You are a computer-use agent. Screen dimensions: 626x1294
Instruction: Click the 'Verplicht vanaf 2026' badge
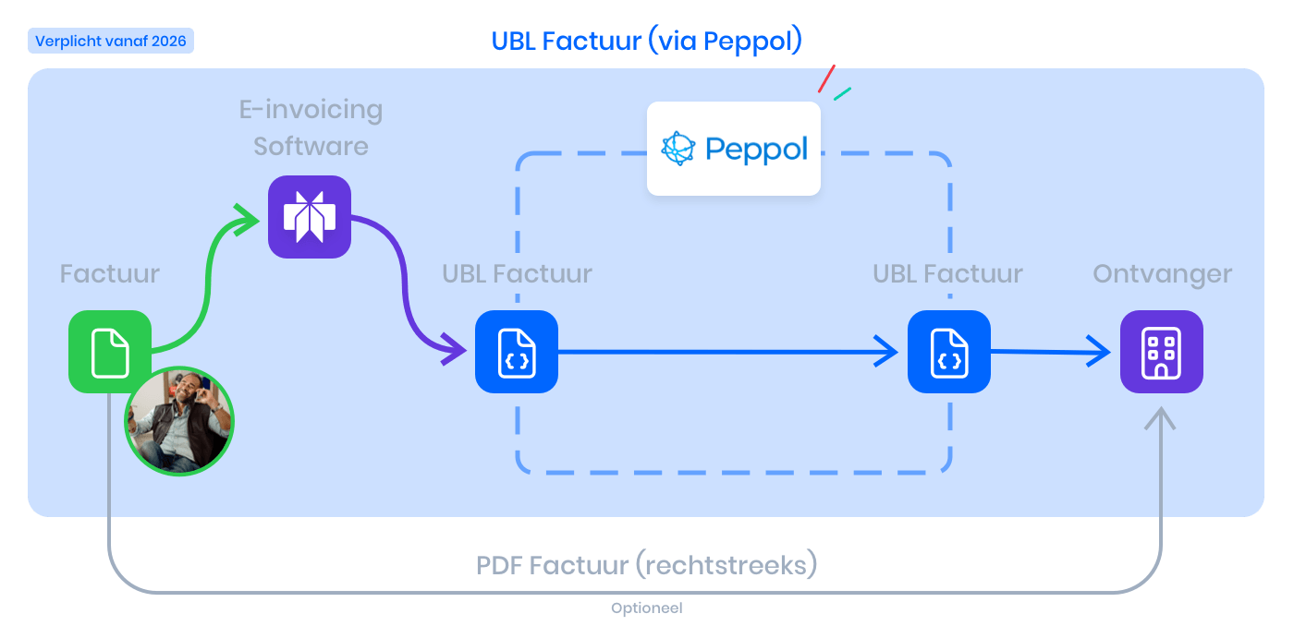tap(111, 41)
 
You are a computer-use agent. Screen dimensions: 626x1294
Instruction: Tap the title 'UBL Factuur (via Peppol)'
tap(647, 42)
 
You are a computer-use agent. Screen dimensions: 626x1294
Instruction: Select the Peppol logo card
tap(734, 149)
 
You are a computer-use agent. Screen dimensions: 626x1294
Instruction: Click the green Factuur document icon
tap(110, 352)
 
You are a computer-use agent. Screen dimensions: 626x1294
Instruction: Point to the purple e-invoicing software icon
tap(310, 217)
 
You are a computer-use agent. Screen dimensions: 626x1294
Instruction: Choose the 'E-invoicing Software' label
tap(311, 127)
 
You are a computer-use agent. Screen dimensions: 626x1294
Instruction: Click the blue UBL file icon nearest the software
tap(517, 352)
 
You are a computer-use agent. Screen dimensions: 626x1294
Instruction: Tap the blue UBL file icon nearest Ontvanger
tap(949, 352)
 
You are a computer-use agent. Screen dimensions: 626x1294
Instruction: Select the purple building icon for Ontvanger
tap(1162, 352)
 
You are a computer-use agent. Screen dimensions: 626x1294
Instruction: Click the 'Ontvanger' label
tap(1162, 274)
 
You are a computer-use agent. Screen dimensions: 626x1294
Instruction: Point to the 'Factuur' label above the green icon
tap(110, 274)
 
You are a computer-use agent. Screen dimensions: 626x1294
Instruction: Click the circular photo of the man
tap(179, 421)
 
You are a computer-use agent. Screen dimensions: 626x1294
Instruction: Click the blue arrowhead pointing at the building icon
tap(1101, 351)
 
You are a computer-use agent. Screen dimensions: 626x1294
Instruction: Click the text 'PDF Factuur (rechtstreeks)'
tap(647, 564)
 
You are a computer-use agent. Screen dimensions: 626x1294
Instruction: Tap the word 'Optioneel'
tap(647, 608)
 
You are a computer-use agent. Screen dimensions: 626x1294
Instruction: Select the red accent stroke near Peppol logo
tap(826, 78)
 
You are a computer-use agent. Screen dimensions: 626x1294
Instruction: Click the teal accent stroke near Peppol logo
tap(842, 94)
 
